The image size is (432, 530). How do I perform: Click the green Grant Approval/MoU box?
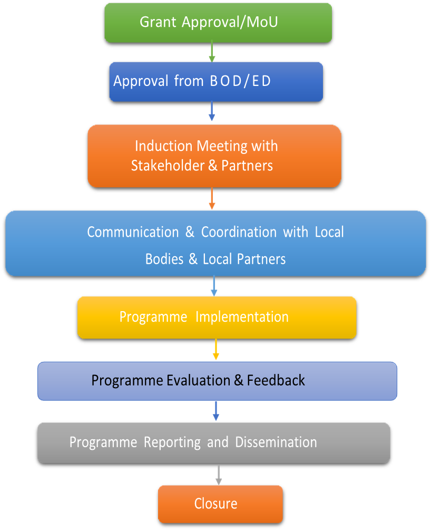point(218,23)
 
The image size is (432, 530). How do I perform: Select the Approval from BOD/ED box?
point(216,82)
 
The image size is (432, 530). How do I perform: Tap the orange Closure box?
point(220,504)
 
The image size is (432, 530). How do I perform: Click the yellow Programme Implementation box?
point(217,317)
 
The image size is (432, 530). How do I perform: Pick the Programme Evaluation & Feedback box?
point(217,381)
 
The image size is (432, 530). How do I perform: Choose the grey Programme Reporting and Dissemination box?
point(214,443)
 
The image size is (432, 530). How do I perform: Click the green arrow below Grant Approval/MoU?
point(212,52)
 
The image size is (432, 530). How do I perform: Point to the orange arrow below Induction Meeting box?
point(212,198)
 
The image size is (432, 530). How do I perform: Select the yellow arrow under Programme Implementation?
point(215,350)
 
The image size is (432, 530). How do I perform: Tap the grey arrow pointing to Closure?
point(219,475)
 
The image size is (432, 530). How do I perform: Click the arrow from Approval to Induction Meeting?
point(212,111)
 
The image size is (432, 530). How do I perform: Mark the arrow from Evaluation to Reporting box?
point(216,411)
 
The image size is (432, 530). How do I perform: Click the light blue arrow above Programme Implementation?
point(214,286)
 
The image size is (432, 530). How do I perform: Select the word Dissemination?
point(276,442)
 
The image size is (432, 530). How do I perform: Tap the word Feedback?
point(276,380)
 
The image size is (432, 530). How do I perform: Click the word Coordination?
point(239,232)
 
